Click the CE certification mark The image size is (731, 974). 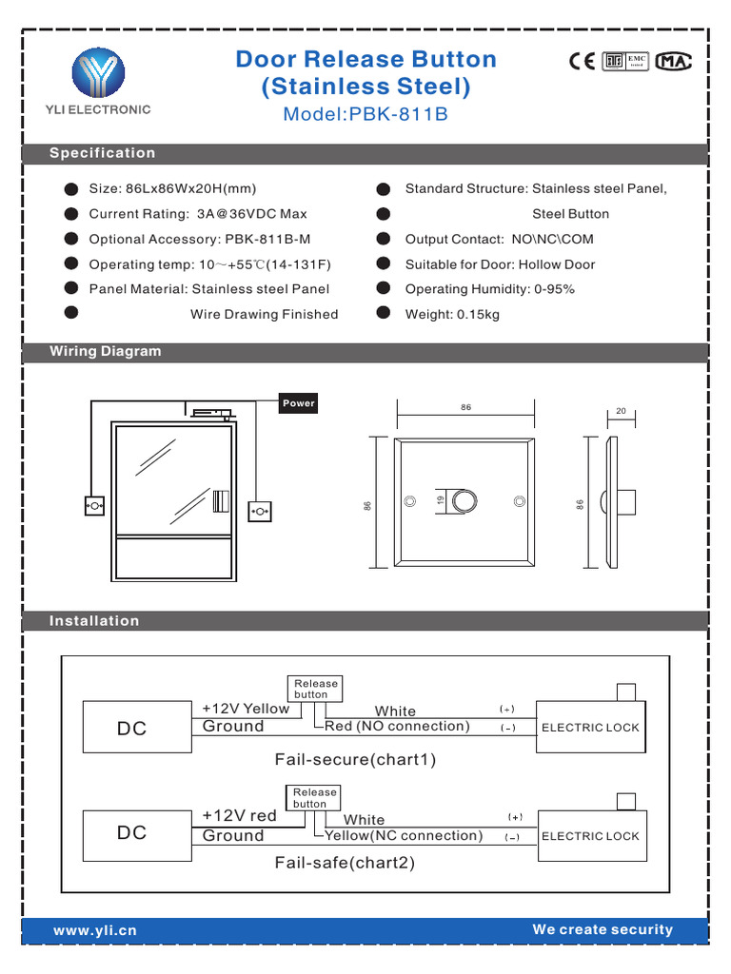(582, 61)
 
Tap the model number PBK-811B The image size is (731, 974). (365, 115)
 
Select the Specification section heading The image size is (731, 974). (103, 153)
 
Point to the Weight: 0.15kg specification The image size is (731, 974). (452, 314)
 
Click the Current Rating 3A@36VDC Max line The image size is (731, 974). (198, 214)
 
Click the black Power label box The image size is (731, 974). (298, 403)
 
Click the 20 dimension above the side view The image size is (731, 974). (621, 412)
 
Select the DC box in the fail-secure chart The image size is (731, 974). (132, 729)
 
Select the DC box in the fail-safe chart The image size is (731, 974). (132, 833)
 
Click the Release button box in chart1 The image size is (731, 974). (315, 689)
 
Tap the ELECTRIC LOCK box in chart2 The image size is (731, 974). (592, 836)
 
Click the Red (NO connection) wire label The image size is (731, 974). (397, 727)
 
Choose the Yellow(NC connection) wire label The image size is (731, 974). (403, 836)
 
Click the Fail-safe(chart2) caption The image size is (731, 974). (345, 864)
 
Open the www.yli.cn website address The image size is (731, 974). (95, 931)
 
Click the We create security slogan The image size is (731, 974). (603, 930)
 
